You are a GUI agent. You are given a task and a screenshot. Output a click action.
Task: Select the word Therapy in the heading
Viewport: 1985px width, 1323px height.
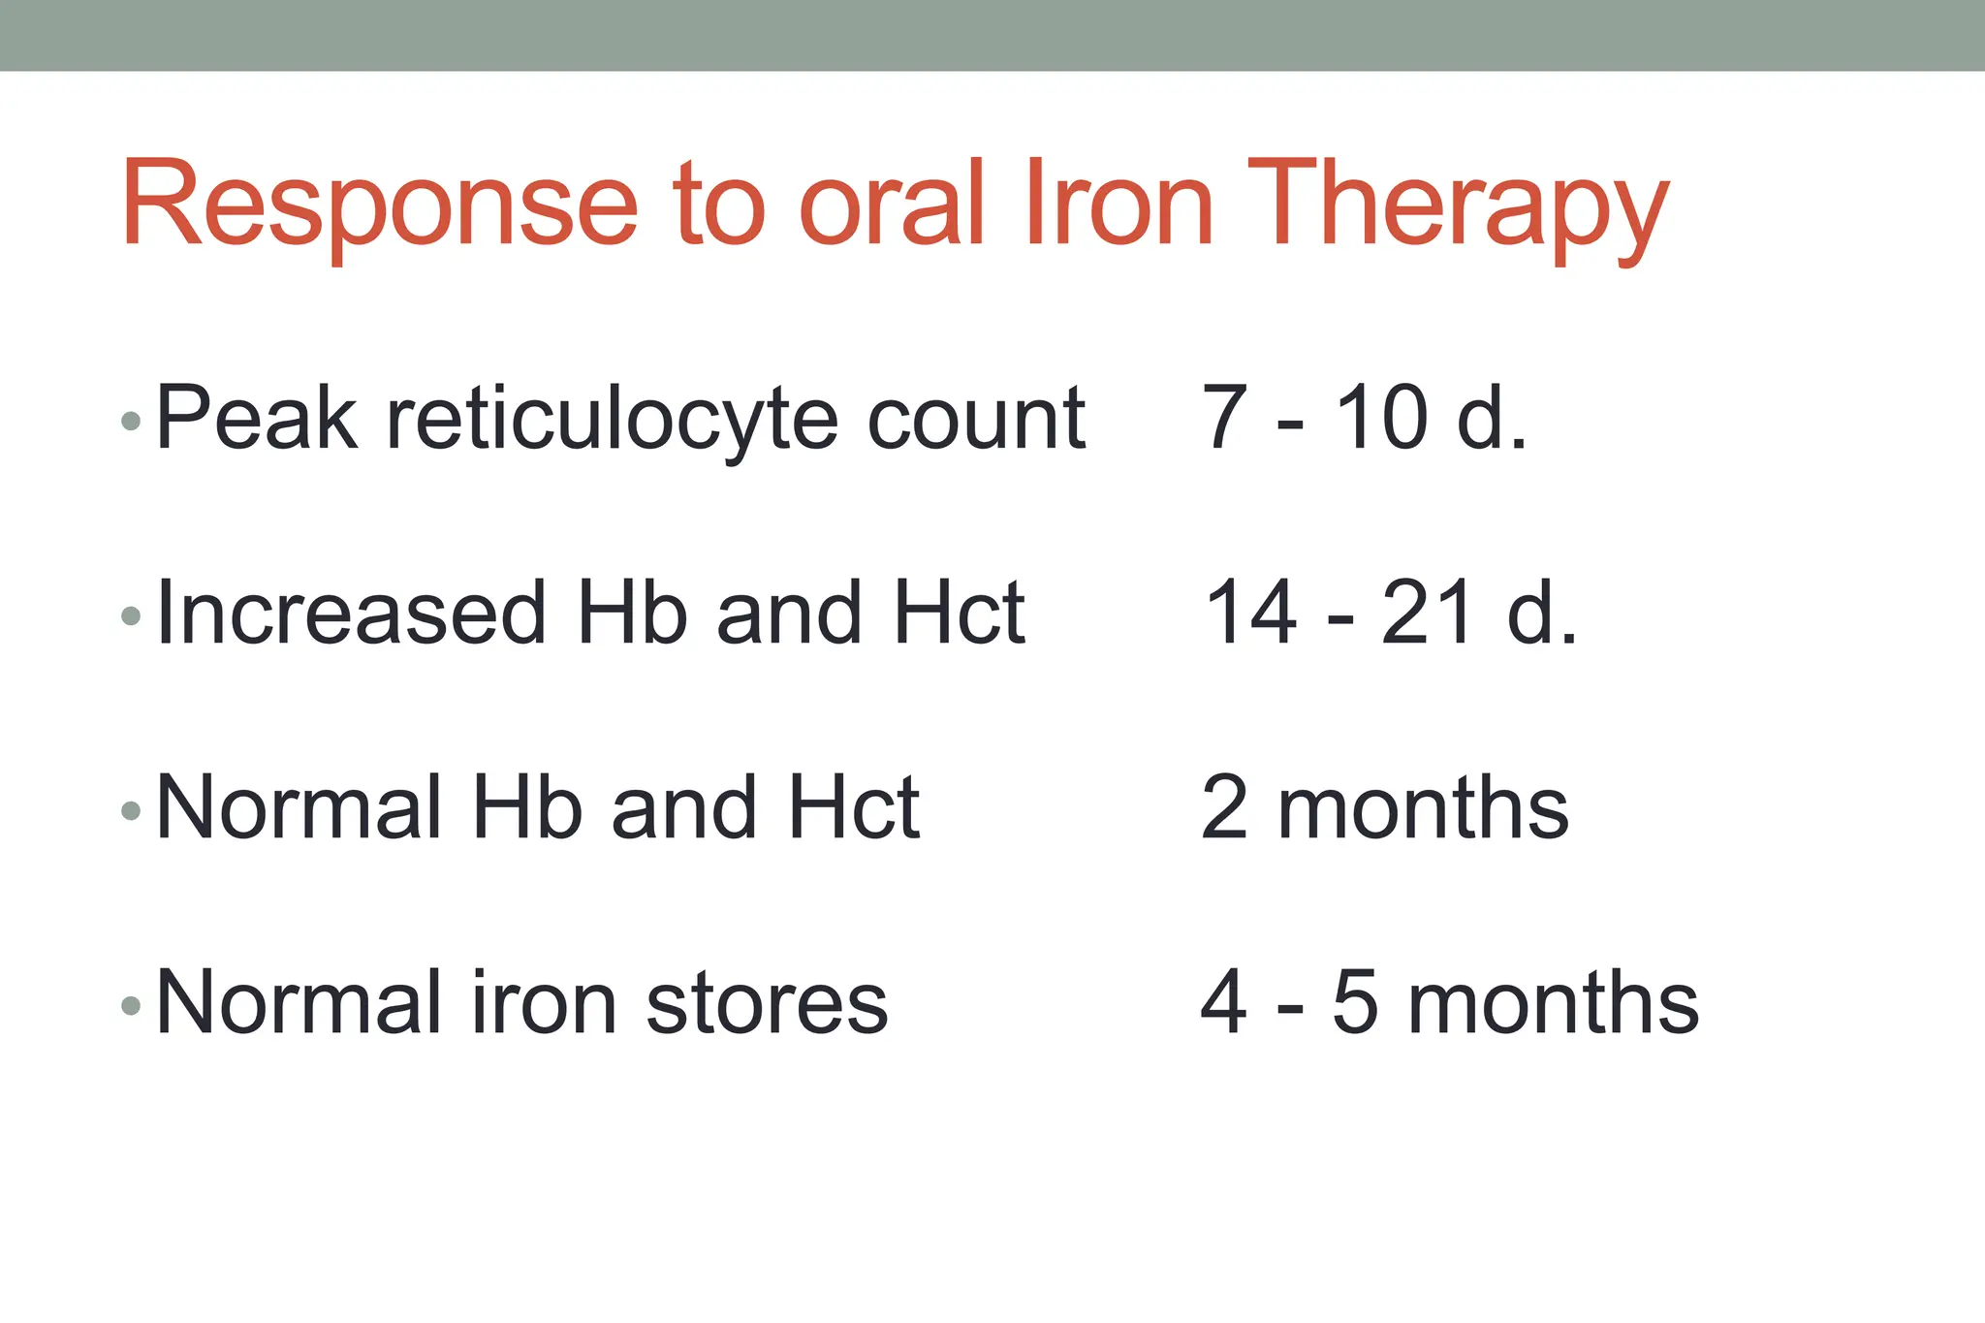pos(1458,205)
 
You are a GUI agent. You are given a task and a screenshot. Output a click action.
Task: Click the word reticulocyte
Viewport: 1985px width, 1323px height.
pos(612,420)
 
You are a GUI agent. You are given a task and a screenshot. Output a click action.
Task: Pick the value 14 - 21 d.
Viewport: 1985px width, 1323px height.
pos(1391,613)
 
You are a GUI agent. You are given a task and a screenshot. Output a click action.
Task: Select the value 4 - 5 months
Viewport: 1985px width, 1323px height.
pos(1449,1002)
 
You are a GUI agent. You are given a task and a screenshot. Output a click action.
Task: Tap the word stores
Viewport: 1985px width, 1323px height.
pos(767,1003)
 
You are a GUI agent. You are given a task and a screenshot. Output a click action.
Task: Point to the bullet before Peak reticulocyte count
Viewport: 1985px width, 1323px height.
pos(131,421)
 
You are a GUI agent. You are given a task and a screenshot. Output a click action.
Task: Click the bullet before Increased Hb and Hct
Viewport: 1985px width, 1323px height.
pos(131,615)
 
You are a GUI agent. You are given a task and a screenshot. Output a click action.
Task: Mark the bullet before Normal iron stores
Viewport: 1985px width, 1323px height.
pos(131,1005)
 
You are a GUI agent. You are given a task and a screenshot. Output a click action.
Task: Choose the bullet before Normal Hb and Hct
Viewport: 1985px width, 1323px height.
pos(131,810)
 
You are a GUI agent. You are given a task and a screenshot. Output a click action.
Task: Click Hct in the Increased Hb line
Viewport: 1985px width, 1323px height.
pos(960,613)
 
